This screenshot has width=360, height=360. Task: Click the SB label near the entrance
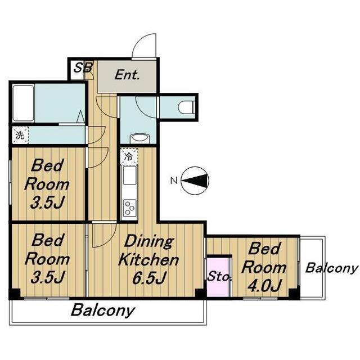84,67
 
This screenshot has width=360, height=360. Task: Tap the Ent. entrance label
127,75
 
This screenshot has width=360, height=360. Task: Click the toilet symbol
186,107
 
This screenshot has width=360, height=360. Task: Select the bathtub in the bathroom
23,103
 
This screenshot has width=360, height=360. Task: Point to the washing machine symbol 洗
20,135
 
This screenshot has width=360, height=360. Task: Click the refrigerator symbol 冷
129,156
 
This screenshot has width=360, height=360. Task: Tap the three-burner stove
130,208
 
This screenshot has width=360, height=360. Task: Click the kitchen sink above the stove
130,175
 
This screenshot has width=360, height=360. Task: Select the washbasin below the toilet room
140,139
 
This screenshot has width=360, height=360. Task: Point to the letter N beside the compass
174,181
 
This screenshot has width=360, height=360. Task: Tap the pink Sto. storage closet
218,277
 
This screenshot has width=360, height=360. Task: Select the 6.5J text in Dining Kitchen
148,278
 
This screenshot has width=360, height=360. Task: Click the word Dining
148,242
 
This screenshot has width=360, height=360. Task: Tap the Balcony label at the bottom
102,310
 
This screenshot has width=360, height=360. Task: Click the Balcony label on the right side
331,268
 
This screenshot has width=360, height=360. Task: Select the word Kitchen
148,260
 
